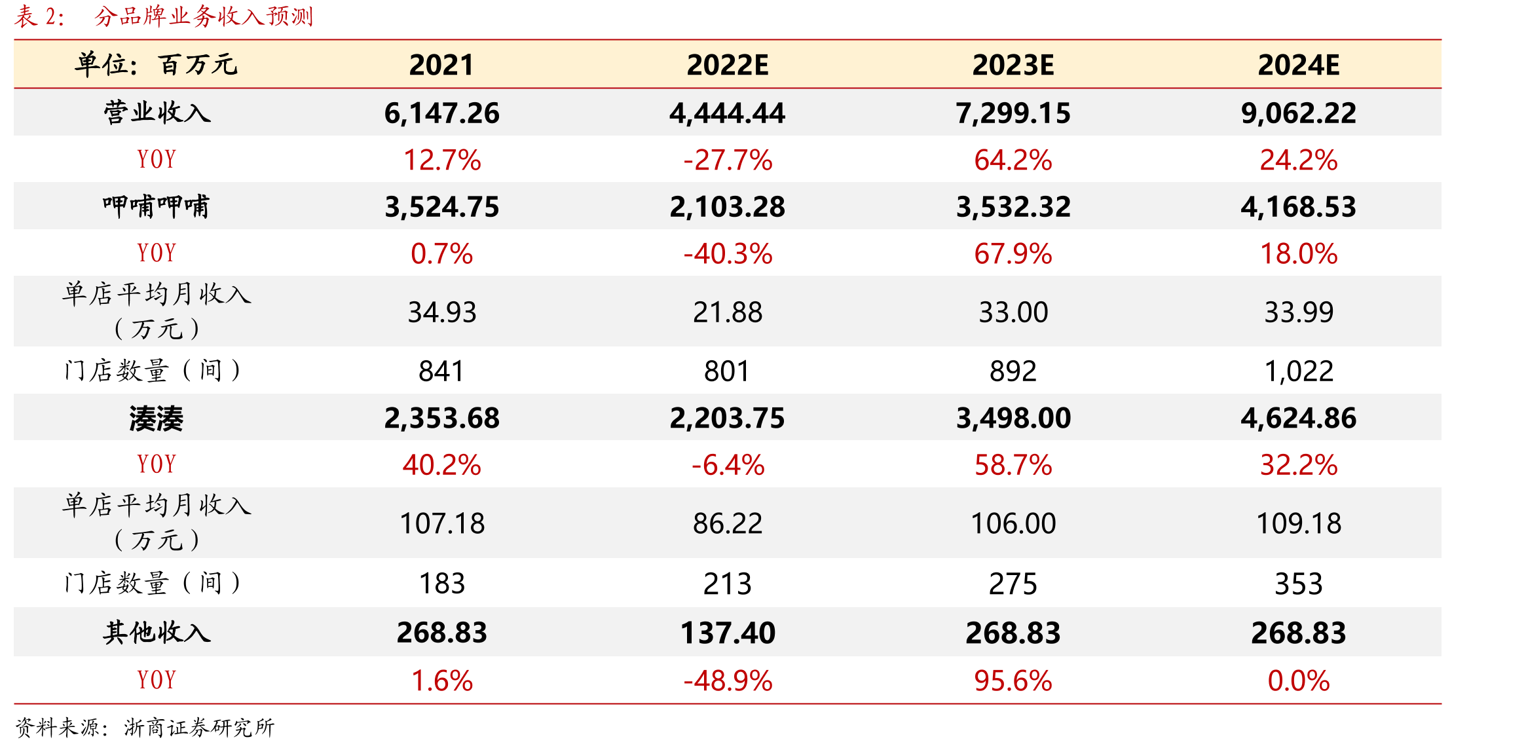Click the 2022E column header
(x=727, y=65)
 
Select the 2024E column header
(x=1298, y=65)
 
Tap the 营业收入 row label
(x=157, y=113)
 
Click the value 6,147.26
(x=441, y=113)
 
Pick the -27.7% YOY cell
(x=727, y=160)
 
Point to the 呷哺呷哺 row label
(x=157, y=206)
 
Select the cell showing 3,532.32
(x=1013, y=207)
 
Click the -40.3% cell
(x=727, y=253)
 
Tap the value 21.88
(x=727, y=312)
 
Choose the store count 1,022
(x=1298, y=371)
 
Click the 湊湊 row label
(x=157, y=419)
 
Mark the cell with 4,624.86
(x=1298, y=418)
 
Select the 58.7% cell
(x=1013, y=465)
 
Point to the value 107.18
(x=441, y=523)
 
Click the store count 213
(x=727, y=584)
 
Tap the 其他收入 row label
(x=157, y=632)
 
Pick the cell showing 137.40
(x=727, y=633)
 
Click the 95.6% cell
(x=1013, y=681)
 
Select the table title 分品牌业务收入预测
(x=204, y=16)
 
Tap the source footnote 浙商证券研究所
(x=199, y=727)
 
